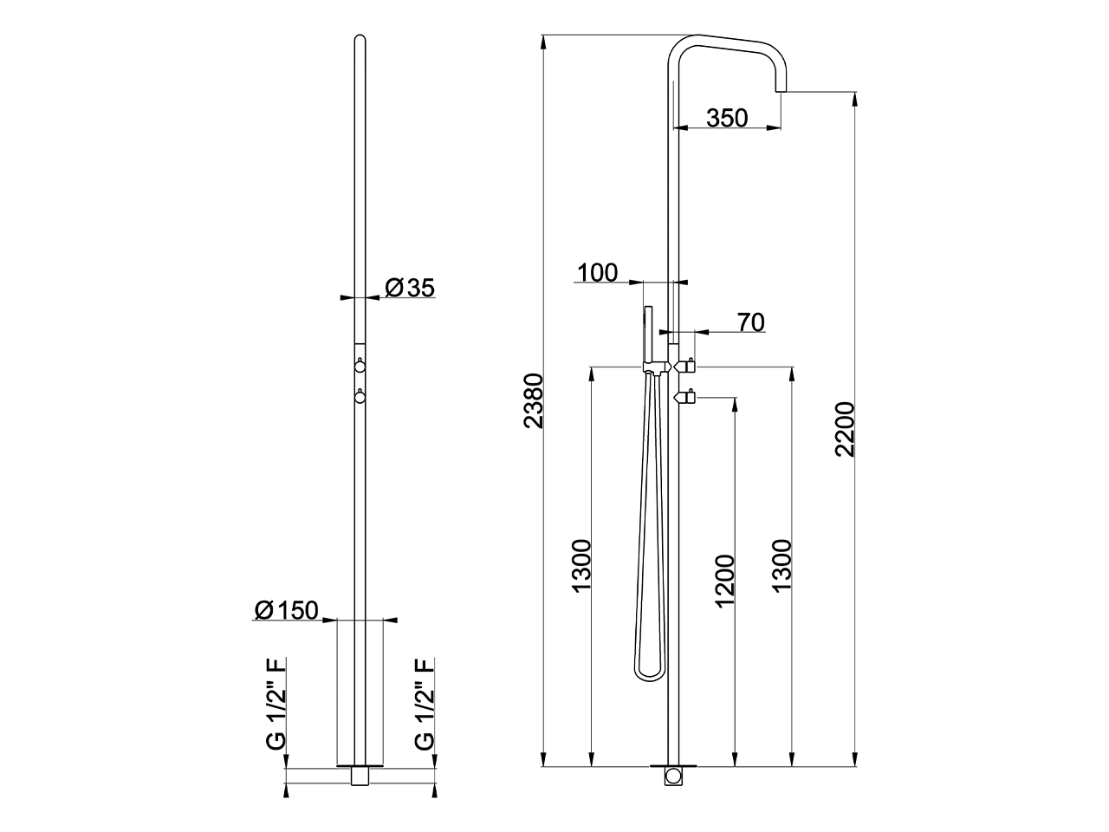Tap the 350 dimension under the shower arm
click(726, 117)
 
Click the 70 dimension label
click(750, 322)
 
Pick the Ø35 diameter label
click(410, 288)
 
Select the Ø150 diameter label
click(287, 610)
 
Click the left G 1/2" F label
click(276, 703)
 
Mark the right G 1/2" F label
click(424, 703)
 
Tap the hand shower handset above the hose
click(646, 334)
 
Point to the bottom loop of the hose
click(646, 671)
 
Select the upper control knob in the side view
click(687, 367)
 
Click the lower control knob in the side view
click(687, 398)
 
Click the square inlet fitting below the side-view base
click(673, 776)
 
